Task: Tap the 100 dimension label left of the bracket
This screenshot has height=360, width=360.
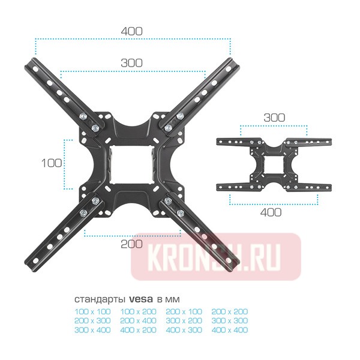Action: click(x=52, y=163)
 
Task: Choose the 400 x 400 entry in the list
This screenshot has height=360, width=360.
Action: click(x=231, y=329)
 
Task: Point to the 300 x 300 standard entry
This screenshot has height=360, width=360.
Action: click(x=231, y=320)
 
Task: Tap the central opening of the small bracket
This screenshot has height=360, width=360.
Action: click(x=274, y=164)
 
